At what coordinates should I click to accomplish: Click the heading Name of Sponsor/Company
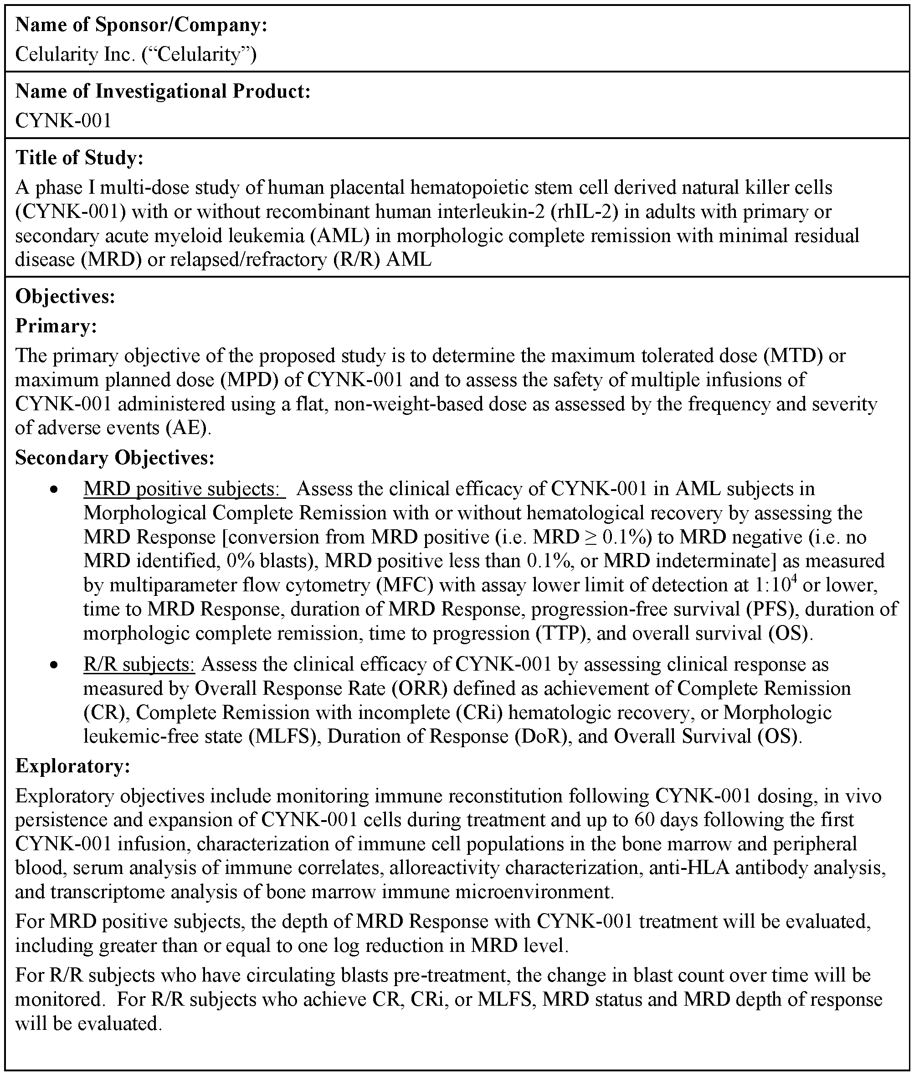pos(141,25)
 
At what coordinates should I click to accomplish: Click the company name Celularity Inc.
pos(75,54)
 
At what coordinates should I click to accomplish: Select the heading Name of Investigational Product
pos(163,91)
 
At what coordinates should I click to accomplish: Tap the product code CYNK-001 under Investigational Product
pos(63,120)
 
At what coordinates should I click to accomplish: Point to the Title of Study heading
pos(79,158)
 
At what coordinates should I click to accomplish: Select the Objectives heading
pos(65,296)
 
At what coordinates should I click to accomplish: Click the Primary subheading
pos(56,326)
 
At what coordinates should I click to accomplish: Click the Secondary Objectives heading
pos(114,458)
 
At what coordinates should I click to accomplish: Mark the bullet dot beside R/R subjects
pos(53,665)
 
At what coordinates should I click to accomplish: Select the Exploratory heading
pos(72,765)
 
